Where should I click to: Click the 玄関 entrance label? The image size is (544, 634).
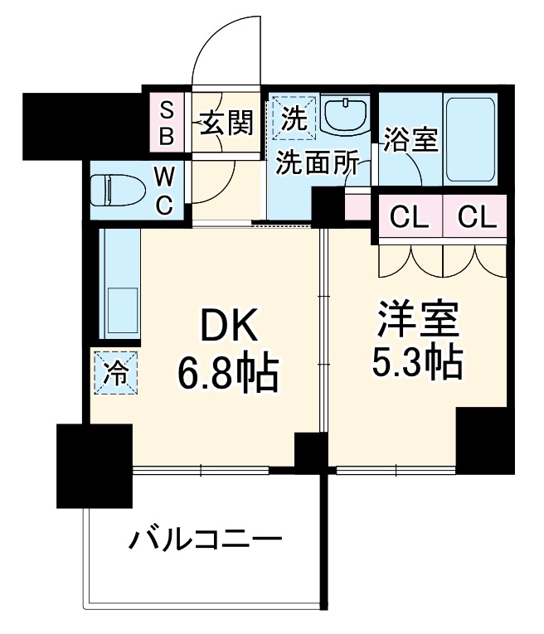pos(226,123)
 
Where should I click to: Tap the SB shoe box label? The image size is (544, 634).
pos(166,123)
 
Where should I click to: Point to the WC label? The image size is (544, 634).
pos(164,191)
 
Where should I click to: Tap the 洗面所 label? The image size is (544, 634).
pos(318,163)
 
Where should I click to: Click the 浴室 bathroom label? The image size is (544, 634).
pos(410,141)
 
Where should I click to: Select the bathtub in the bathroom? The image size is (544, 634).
pos(471,140)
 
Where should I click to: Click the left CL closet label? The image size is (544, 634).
pos(409,218)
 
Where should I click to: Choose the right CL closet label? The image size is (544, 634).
pos(476,218)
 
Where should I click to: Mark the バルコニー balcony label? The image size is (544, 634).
pos(206,543)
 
